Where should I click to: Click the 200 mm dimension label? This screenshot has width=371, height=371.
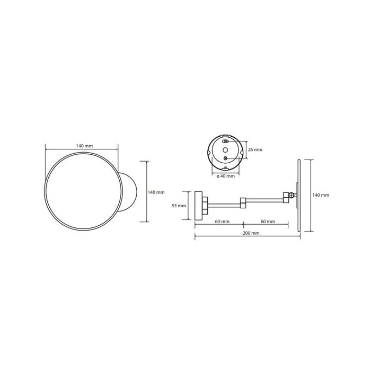pos(251,233)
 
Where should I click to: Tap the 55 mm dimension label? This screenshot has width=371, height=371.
pos(179,206)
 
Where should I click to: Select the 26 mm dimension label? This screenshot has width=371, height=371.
pos(255,149)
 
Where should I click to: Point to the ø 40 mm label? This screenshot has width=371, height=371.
pos(226,176)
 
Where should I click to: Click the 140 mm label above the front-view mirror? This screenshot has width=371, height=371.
pos(84,146)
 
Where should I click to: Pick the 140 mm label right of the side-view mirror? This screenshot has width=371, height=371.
pos(321,195)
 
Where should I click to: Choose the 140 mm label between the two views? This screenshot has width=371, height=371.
pos(156,192)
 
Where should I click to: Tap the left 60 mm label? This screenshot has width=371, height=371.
pos(222,222)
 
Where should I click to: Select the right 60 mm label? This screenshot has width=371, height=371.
pos(268,222)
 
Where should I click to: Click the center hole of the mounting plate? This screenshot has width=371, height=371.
pos(225,150)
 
